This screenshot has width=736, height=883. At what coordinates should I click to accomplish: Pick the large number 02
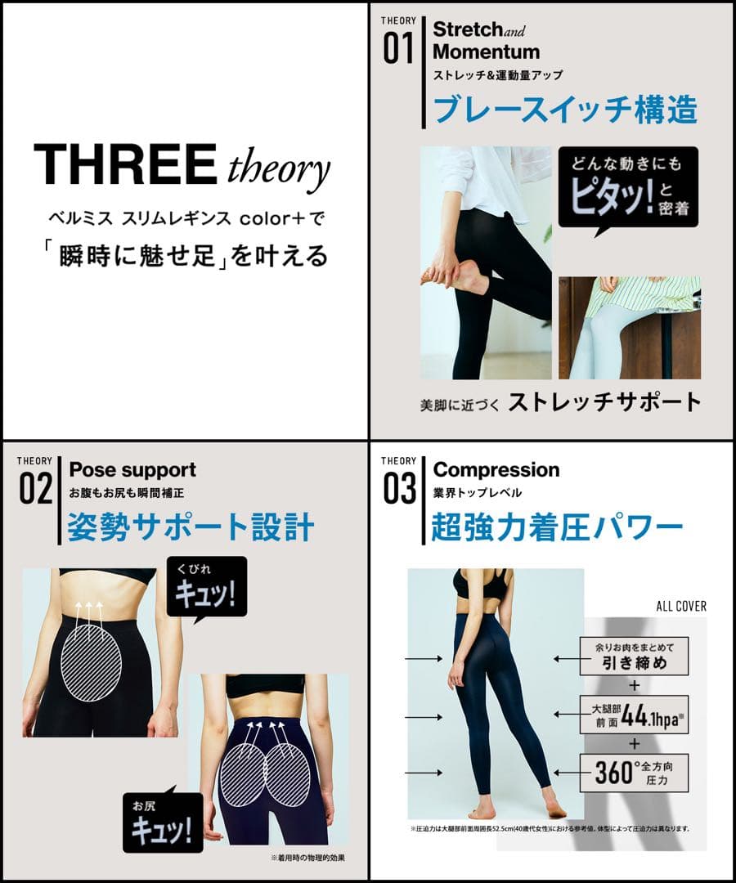(x=35, y=491)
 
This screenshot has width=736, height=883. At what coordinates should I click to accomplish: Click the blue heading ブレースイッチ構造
(x=565, y=110)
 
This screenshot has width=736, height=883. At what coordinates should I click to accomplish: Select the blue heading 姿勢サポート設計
(x=191, y=527)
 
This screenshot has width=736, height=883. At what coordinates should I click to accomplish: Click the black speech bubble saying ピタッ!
(x=627, y=187)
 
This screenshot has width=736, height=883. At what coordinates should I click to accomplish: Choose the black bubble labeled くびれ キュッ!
(x=206, y=585)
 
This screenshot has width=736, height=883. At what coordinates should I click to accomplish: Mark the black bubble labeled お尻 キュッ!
(x=160, y=821)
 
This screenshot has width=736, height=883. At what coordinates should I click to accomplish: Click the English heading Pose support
(x=132, y=470)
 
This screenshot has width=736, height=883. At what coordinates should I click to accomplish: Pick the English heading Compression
(x=496, y=470)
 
